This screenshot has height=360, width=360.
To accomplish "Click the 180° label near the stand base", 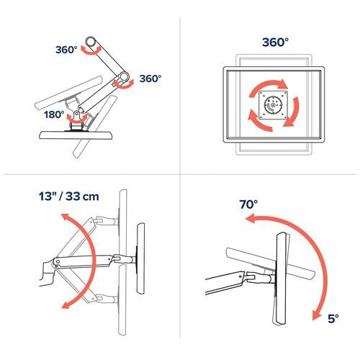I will [x=55, y=114].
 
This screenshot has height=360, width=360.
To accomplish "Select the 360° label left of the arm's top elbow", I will [x=66, y=50].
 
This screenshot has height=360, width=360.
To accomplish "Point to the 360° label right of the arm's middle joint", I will [x=150, y=78].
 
